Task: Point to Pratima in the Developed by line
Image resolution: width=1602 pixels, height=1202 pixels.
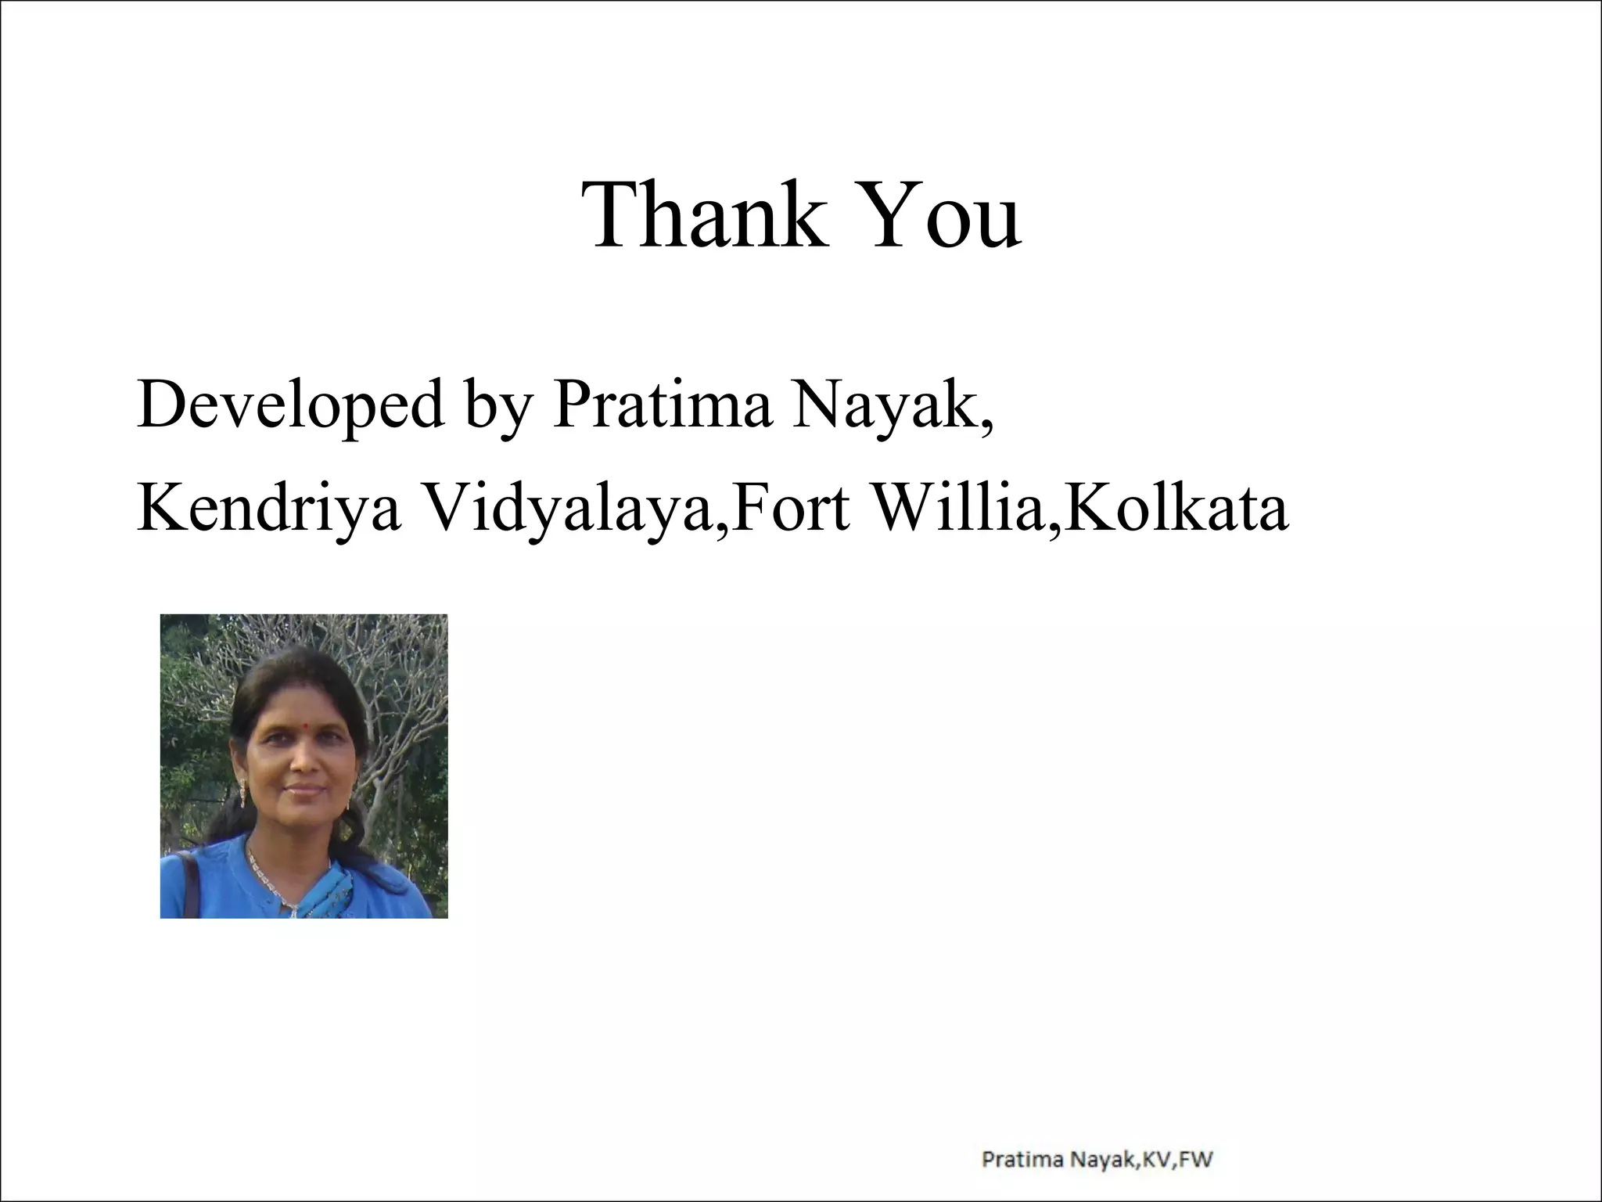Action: point(662,405)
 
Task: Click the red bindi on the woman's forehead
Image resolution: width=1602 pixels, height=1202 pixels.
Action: point(300,718)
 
